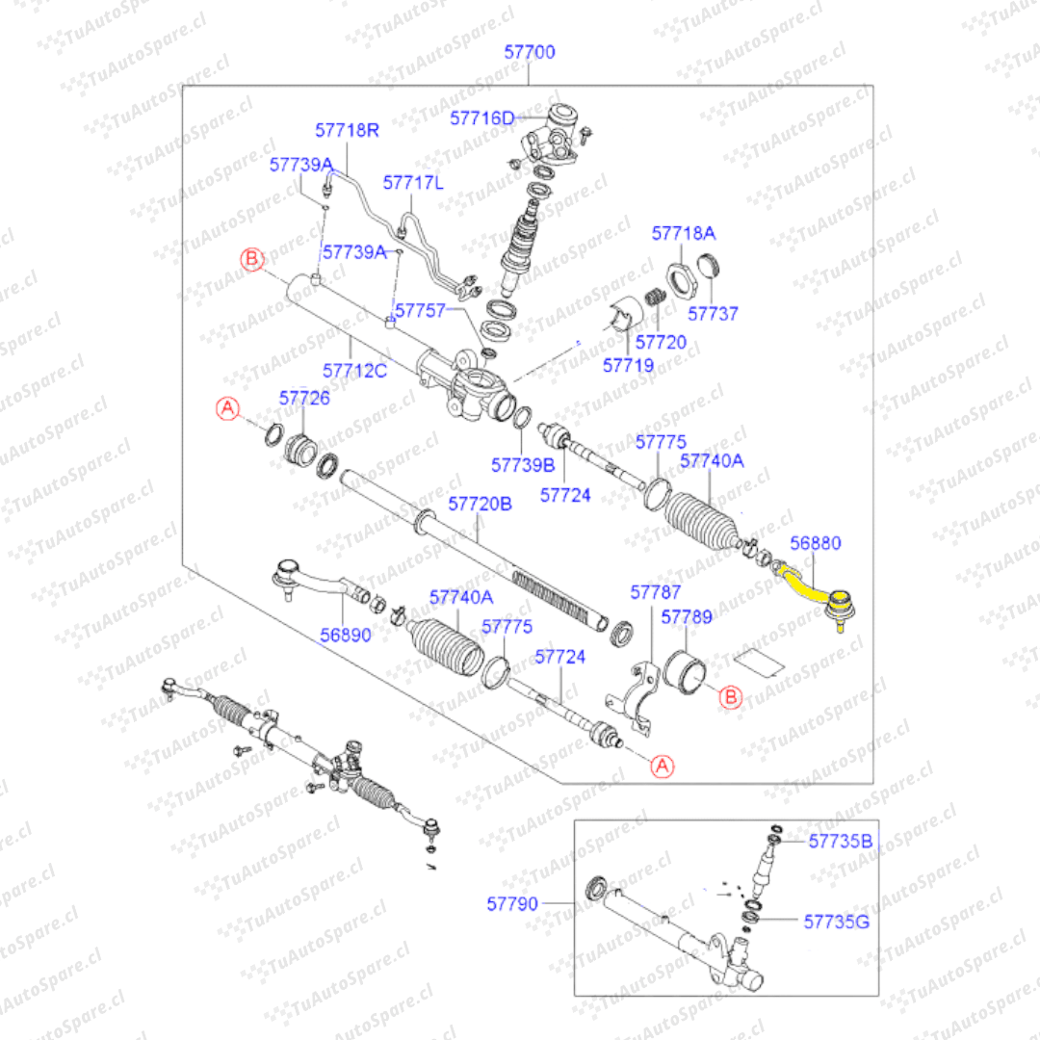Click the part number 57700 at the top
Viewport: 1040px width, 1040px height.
(x=530, y=52)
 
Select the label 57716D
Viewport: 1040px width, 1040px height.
(x=482, y=118)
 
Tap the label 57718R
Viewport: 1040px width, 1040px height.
(x=348, y=129)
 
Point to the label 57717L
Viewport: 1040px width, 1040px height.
(x=413, y=182)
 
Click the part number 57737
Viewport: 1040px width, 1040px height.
(x=713, y=314)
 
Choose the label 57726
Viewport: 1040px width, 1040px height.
(x=304, y=397)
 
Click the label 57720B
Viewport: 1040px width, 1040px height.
(x=481, y=504)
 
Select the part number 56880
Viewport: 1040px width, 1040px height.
(x=815, y=544)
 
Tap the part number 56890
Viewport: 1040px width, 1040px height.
(x=345, y=636)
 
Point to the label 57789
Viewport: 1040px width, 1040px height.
(x=687, y=615)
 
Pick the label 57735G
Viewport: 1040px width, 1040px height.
(x=837, y=922)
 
